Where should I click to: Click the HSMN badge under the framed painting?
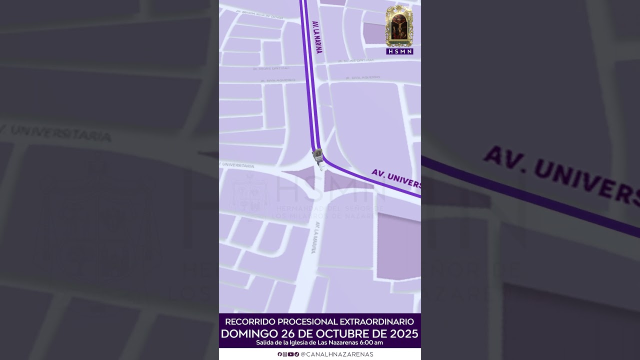tap(399, 51)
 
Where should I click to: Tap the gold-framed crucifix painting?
tap(399, 26)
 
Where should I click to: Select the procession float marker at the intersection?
tap(318, 158)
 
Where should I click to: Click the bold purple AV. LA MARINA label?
tap(317, 37)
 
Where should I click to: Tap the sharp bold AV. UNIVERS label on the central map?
tap(395, 178)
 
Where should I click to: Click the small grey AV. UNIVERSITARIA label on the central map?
tap(237, 165)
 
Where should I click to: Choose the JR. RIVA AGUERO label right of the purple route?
tap(358, 77)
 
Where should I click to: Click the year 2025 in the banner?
tap(403, 333)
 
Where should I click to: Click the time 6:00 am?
tap(371, 342)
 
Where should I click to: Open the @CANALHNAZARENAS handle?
tap(336, 354)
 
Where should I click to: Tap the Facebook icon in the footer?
tap(280, 354)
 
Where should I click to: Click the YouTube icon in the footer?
tap(290, 354)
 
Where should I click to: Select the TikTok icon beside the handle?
tap(296, 354)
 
